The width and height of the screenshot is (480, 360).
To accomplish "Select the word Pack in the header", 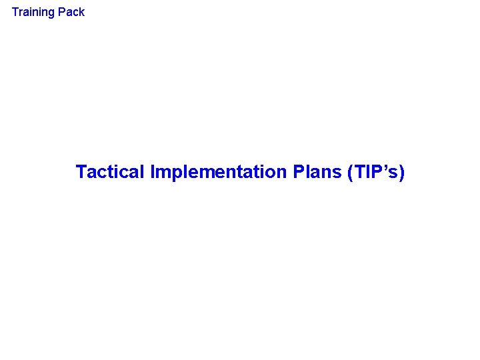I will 72,12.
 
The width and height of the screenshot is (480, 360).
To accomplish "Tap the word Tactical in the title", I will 110,172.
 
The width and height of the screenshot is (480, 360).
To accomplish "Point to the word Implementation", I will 218,172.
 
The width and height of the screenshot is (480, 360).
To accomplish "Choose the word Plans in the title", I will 317,172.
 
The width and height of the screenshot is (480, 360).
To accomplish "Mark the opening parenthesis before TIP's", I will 350,173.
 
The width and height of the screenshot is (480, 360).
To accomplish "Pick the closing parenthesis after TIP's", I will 401,173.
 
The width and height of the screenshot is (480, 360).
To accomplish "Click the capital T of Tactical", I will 81,172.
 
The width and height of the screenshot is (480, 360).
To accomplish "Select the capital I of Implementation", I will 153,172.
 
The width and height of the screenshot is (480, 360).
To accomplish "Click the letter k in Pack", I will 81,12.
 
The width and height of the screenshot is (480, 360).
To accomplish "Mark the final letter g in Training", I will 53,13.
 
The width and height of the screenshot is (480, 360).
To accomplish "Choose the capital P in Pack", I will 63,12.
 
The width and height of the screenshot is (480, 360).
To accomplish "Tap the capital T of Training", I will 15,12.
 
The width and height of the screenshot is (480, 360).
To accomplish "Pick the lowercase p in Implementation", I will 173,174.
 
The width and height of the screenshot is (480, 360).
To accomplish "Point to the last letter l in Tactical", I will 142,172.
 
